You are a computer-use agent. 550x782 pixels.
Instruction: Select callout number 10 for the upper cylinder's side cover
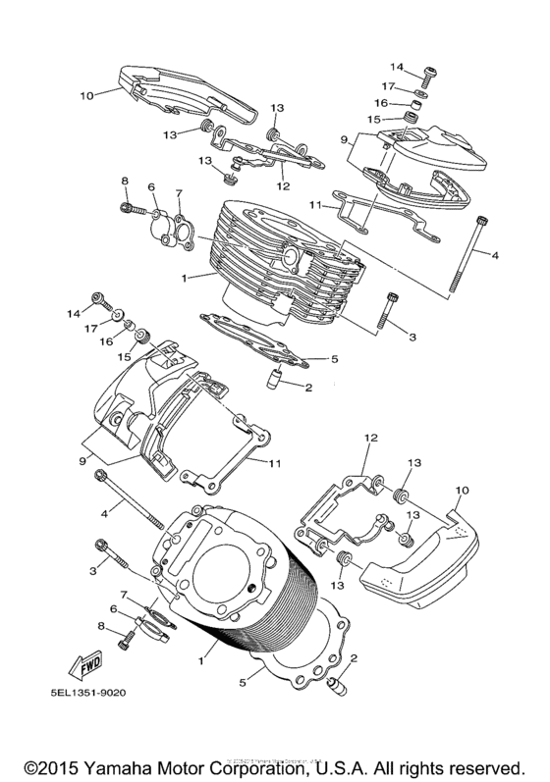coord(85,96)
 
